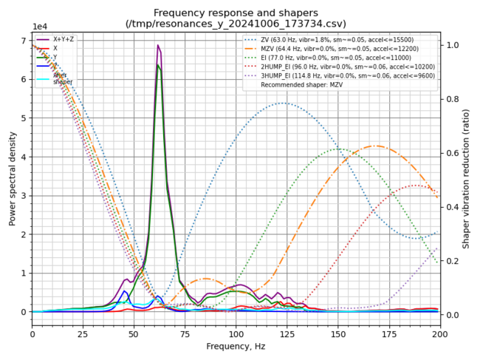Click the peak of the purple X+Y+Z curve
[157, 45]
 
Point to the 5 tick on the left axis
[24, 118]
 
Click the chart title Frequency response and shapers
[236, 13]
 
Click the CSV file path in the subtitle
[236, 23]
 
